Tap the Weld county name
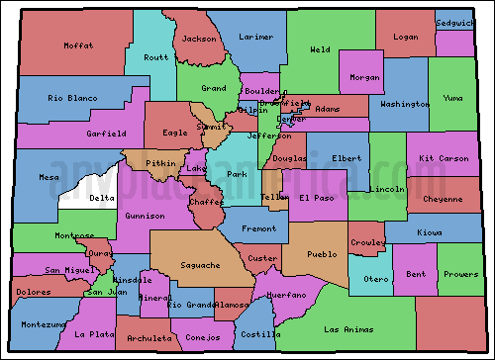point(320,48)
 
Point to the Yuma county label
point(452,99)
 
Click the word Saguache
point(201,265)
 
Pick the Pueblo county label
point(324,254)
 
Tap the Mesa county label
point(49,178)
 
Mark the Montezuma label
point(45,324)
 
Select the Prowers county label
point(459,274)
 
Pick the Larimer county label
point(256,37)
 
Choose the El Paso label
point(318,198)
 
